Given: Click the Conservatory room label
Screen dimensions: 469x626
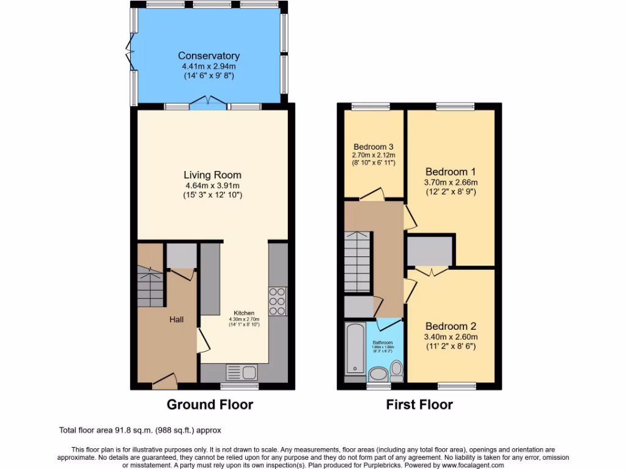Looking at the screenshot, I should pos(209,56).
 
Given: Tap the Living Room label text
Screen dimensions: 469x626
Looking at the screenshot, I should pos(209,175).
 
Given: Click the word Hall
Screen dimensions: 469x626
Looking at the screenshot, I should pos(177,319).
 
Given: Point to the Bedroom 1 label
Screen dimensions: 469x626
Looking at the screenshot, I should pos(451,172).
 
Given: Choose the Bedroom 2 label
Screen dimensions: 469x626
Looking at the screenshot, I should pos(451,326).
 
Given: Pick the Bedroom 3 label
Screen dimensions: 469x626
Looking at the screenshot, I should pos(374,147).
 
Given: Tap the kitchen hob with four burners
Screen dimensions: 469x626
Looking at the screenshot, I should pos(277,300).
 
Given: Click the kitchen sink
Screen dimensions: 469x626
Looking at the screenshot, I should pos(242,371).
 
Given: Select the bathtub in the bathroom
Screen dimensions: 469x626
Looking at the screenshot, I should pos(355,349).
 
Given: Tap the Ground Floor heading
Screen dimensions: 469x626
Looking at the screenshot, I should pos(210,404).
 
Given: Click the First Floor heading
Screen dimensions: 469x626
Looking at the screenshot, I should pos(419,404).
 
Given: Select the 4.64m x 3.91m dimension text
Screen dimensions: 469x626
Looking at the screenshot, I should pos(209,185).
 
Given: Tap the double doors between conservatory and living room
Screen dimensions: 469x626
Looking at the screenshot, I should pos(208,101).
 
